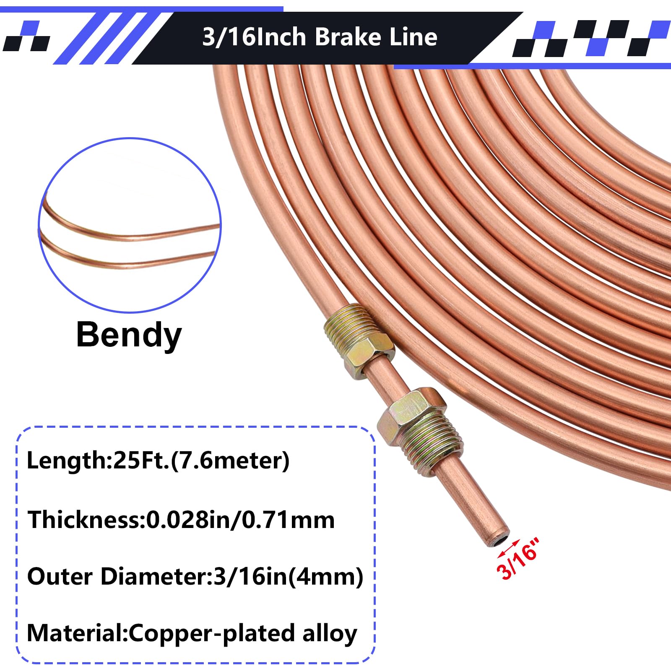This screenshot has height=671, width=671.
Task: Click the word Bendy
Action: pos(129,335)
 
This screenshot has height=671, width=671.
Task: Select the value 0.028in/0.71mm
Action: pos(240,520)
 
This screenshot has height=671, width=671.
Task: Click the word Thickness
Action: pos(83,520)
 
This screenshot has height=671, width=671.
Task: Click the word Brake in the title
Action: pos(348,37)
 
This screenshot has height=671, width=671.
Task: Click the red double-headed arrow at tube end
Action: pos(509,548)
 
